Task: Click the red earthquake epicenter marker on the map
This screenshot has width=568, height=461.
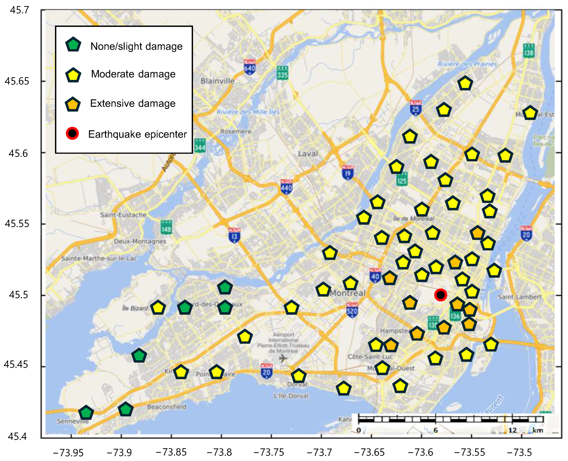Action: point(441,295)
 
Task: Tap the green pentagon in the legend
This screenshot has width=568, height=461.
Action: point(73,45)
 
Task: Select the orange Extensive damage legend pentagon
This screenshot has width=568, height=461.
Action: point(73,104)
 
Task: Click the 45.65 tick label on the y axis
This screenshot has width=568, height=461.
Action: point(17,81)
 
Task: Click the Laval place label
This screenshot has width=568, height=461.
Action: point(308,154)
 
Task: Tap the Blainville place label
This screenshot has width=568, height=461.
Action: point(217,81)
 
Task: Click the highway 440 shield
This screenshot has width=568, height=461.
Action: point(286,187)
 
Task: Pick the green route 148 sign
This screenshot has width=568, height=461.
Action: point(166,228)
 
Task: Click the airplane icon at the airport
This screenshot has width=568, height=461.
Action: point(284,359)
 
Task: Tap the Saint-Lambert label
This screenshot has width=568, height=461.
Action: point(520,297)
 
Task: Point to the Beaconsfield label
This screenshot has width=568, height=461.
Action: point(167,407)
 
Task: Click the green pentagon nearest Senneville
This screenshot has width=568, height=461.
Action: point(86,413)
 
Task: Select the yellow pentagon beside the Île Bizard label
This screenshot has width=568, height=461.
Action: point(158,308)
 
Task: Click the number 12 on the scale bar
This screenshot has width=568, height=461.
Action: point(512,430)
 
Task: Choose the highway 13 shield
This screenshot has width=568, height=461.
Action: point(234,236)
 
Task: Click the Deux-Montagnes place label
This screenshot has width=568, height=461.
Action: point(140,241)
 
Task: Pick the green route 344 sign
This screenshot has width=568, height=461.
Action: point(200,146)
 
